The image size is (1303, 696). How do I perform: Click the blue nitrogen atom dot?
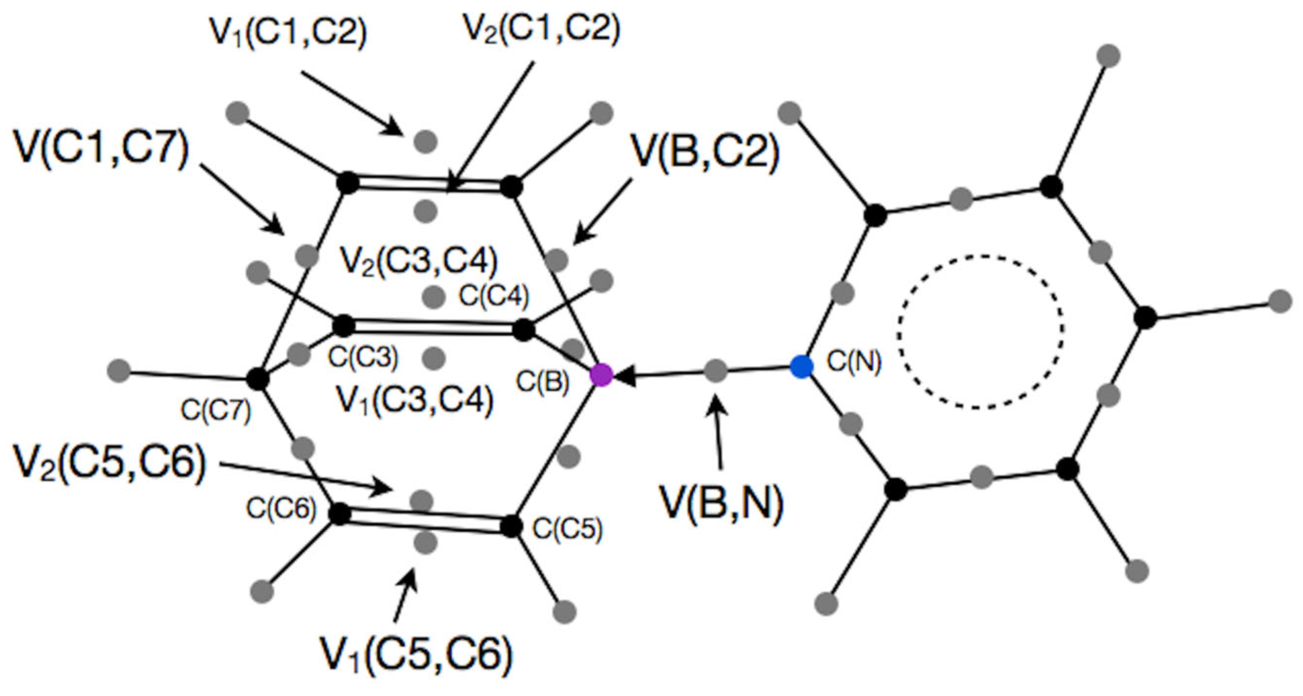pos(802,366)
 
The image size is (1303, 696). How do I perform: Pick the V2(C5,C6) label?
pos(109,464)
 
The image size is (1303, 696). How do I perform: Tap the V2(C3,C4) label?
pos(419,260)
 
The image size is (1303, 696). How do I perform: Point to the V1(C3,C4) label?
pos(415,400)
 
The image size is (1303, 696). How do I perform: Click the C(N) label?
pos(854,361)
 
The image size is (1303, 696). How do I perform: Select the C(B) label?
pos(543,383)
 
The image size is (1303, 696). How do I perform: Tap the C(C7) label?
pos(216,411)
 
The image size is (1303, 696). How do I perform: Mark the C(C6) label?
pos(281,508)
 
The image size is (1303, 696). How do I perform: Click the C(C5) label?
pos(568,529)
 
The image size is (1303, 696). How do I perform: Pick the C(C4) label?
pos(494,296)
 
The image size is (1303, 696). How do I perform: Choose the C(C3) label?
pos(363,357)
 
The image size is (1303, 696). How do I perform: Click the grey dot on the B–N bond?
pos(716,370)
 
